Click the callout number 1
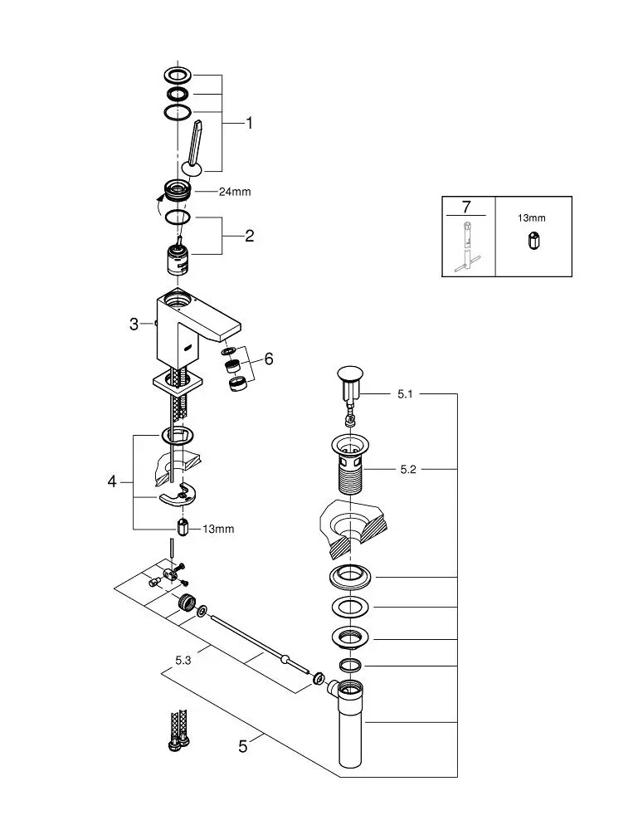point(249,124)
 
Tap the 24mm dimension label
point(235,192)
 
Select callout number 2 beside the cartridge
point(249,236)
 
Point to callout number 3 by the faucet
point(134,324)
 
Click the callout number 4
point(112,481)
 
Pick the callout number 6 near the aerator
point(269,359)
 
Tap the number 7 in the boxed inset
point(466,207)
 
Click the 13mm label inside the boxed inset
point(531,218)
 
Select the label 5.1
point(405,393)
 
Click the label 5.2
point(408,470)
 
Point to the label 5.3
point(183,661)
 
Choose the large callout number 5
point(243,746)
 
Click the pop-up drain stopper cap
point(349,373)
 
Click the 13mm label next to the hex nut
point(218,529)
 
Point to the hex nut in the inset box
point(533,241)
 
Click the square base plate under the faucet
point(178,382)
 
